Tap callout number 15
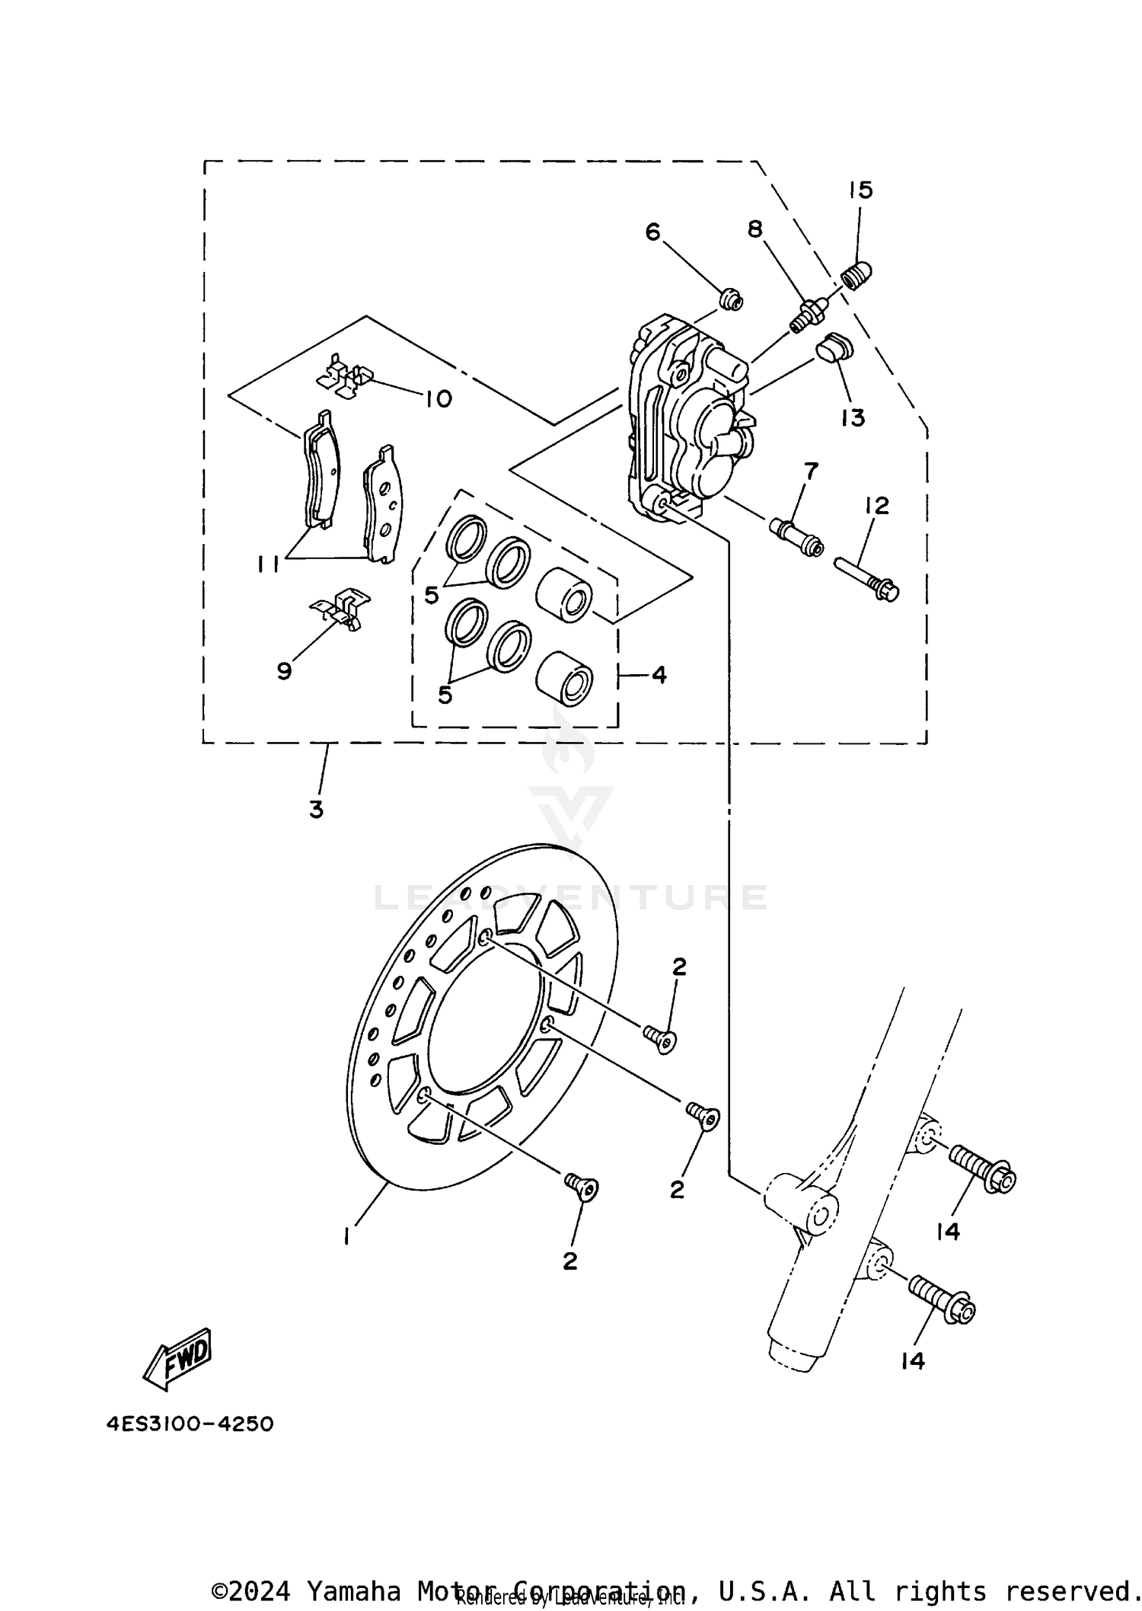coord(860,190)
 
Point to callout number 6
coord(652,232)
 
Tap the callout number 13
coord(853,417)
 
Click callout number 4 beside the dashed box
coord(659,674)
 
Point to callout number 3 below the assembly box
coord(316,809)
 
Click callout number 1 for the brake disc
coord(346,1235)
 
